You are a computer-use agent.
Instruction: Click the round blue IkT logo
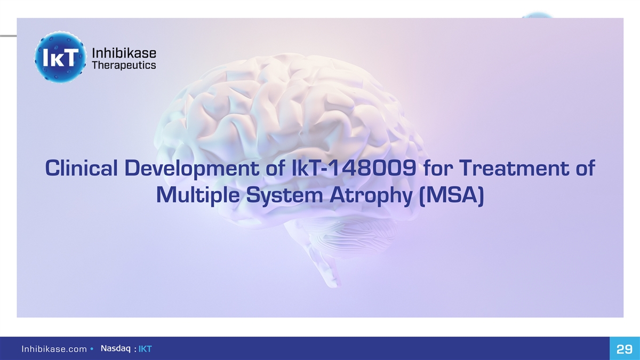coord(60,57)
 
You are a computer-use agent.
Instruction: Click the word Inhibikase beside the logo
coord(124,53)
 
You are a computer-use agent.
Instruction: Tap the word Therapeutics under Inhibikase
coord(124,66)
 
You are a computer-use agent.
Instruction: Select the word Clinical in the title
coord(82,168)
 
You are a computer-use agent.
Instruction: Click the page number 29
coord(625,349)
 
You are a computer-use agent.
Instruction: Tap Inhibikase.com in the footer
coord(54,349)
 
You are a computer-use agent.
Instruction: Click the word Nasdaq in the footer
coord(116,349)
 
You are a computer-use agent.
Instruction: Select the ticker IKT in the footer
coord(145,349)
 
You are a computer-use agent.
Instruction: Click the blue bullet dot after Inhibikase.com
coord(92,349)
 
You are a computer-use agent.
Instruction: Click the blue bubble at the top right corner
coord(537,15)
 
